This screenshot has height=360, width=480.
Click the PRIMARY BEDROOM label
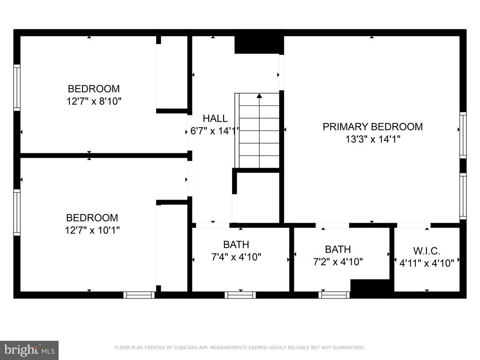coord(373,127)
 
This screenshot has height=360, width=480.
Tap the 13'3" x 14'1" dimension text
coord(373,139)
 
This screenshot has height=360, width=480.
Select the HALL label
coord(215,119)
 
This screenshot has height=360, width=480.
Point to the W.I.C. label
coord(427,251)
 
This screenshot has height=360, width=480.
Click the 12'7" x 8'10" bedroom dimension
coord(94,101)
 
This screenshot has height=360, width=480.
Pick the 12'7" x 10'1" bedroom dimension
coord(92,230)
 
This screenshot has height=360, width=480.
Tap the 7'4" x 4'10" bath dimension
coord(236,257)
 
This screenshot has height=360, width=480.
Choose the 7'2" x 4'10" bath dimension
coord(338,262)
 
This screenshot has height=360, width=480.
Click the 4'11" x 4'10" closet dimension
coord(427,263)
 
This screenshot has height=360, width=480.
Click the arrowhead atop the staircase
coord(259,96)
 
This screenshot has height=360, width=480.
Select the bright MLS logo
coord(30,350)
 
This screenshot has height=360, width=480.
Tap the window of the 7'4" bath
coord(240,295)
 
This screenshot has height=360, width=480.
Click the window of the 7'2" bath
coord(334,295)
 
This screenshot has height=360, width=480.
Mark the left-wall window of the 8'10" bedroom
coord(17,88)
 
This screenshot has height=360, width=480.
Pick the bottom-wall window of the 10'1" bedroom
coord(139,295)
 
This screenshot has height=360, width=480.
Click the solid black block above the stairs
coord(259,45)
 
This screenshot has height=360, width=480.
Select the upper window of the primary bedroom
coord(463,135)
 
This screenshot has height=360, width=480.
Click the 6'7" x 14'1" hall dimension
coord(215,131)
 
